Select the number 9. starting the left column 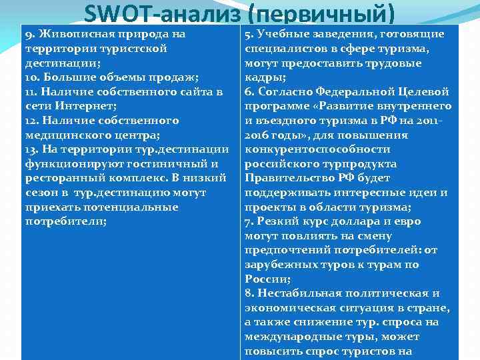pos(29,34)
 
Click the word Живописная pos(71,34)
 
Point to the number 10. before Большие pos(33,77)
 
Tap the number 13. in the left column pos(32,149)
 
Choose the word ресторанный pos(57,178)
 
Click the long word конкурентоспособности pos(317,149)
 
